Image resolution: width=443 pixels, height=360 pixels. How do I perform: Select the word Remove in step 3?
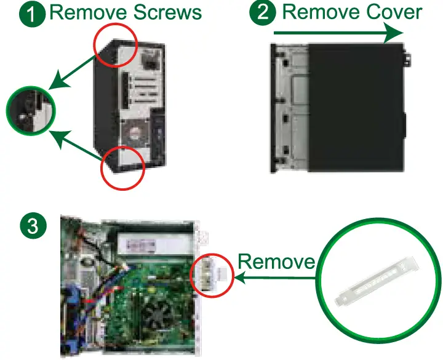click(x=276, y=261)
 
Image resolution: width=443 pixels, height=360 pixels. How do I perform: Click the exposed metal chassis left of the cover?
click(x=289, y=108)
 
